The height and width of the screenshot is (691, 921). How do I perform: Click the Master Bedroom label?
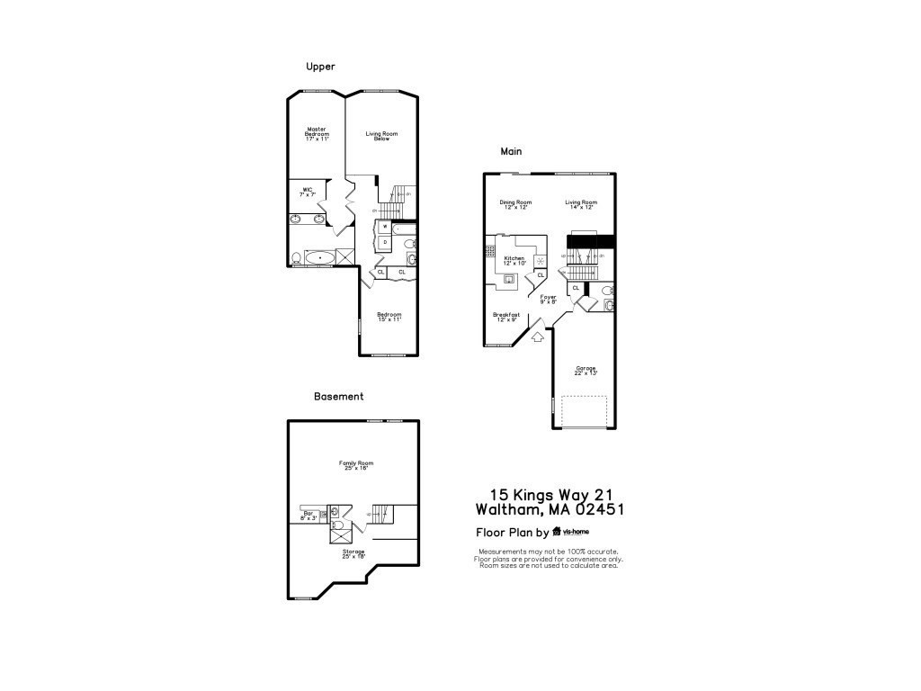pyautogui.click(x=316, y=134)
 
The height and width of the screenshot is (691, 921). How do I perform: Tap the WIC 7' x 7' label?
pyautogui.click(x=307, y=192)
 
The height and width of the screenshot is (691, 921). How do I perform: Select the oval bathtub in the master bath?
pyautogui.click(x=318, y=258)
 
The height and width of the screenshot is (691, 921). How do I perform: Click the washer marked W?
pyautogui.click(x=385, y=228)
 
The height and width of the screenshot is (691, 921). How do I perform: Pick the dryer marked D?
pyautogui.click(x=385, y=243)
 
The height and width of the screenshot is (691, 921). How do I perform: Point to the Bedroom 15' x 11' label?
pyautogui.click(x=389, y=317)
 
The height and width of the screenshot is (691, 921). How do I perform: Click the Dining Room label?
pyautogui.click(x=515, y=204)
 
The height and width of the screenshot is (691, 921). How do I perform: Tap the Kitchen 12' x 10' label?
pyautogui.click(x=514, y=260)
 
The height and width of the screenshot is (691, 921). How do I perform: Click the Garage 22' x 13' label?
pyautogui.click(x=586, y=370)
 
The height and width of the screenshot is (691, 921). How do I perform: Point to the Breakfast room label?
pyautogui.click(x=506, y=317)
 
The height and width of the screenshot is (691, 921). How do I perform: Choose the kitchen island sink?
pyautogui.click(x=509, y=279)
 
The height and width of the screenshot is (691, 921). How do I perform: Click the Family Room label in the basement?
pyautogui.click(x=354, y=466)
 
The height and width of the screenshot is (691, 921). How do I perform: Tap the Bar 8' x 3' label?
pyautogui.click(x=308, y=516)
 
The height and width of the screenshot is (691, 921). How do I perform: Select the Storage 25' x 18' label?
pyautogui.click(x=353, y=553)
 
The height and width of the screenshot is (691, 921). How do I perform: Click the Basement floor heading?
pyautogui.click(x=338, y=396)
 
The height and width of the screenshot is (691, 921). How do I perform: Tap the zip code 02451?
pyautogui.click(x=594, y=510)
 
